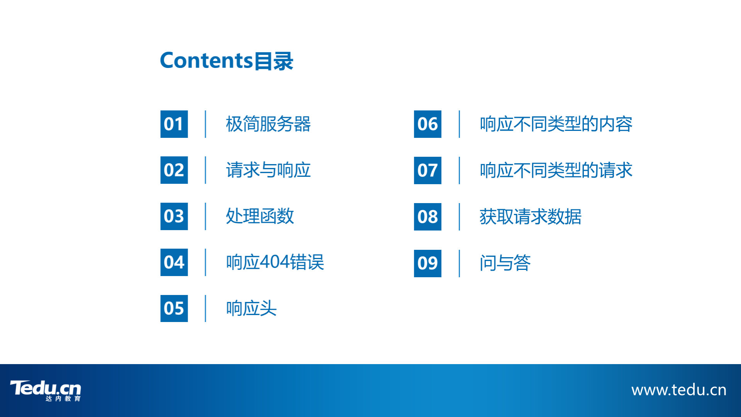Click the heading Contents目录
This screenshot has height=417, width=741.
[x=227, y=61]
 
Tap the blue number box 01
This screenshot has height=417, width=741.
[x=174, y=124]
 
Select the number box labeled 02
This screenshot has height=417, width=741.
[x=174, y=170]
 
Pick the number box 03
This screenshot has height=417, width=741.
[x=174, y=216]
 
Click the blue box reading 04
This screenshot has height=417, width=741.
[x=174, y=262]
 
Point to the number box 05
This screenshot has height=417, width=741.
[x=174, y=309]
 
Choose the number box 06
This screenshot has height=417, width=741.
[x=427, y=124]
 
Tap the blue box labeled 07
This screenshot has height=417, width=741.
[x=427, y=170]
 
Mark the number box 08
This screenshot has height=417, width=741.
[x=427, y=217]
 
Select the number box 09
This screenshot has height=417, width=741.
[x=427, y=263]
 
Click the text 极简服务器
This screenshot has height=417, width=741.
[x=268, y=124]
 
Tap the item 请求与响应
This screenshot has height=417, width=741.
[x=268, y=170]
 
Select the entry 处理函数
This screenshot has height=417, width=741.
[x=260, y=216]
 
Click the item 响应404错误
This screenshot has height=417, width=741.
[x=275, y=262]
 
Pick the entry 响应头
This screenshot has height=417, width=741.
[x=251, y=309]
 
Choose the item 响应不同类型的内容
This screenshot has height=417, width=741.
[x=556, y=124]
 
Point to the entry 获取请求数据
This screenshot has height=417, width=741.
[x=531, y=217]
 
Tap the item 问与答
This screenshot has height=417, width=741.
[x=505, y=263]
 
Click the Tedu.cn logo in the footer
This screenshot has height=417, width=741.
[x=46, y=390]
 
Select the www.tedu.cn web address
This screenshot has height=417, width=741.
[x=679, y=390]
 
